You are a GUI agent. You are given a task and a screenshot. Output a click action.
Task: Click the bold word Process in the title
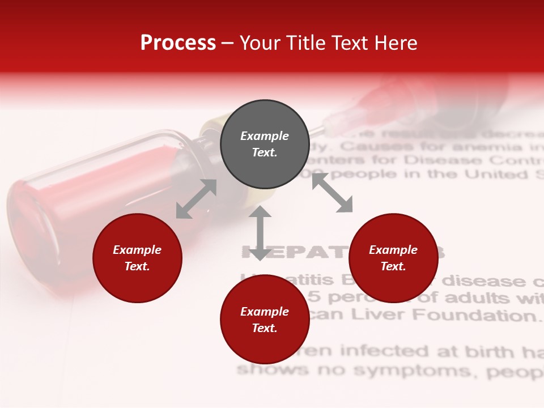click(x=178, y=43)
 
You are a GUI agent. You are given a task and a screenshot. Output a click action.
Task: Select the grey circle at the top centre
click(x=265, y=144)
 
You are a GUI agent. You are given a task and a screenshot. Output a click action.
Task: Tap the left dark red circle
click(x=137, y=258)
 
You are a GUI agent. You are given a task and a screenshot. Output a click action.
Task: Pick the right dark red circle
click(x=393, y=258)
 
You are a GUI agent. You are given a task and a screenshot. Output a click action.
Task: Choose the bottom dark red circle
click(x=265, y=320)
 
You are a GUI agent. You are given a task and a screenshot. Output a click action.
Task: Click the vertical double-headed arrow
click(x=260, y=233)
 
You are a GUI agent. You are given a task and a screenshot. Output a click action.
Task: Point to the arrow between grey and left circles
click(x=196, y=199)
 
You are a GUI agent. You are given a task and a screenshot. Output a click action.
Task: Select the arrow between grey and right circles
click(x=332, y=193)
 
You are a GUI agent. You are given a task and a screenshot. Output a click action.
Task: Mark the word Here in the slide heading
click(x=395, y=43)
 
